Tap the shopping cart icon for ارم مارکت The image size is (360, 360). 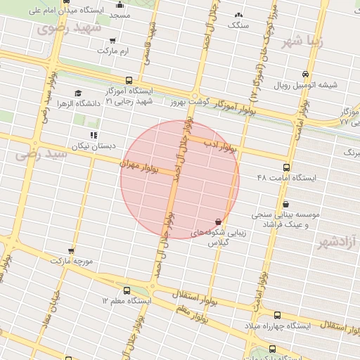coord(113,41)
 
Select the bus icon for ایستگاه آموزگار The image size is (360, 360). coord(129,81)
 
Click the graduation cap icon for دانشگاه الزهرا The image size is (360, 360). coord(78,93)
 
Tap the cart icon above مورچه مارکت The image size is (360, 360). coord(71,250)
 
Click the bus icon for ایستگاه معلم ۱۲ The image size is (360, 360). coord(127,290)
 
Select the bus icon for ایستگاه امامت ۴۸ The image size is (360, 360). coord(286,167)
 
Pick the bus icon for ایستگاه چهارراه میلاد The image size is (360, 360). coord(276,316)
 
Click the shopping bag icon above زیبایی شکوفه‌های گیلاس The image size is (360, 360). coord(217,221)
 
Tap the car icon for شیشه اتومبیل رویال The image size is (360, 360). coord(304,75)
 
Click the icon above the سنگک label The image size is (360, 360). coord(238,15)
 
